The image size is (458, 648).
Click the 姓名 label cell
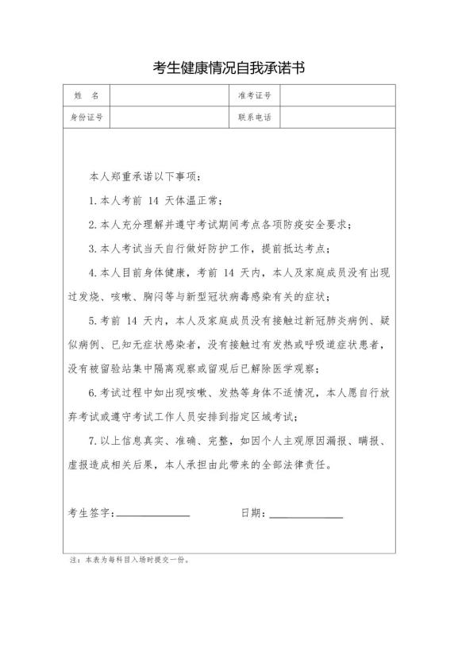86,95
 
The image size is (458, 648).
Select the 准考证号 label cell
254,95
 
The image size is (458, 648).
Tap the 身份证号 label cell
86,118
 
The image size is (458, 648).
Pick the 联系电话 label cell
254,118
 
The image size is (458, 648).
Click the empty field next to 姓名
167,95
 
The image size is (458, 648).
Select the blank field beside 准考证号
338,95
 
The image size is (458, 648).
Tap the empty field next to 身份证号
167,118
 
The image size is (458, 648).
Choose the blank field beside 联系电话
338,118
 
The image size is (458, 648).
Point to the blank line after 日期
306,514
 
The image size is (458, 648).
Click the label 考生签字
90,513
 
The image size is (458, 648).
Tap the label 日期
252,513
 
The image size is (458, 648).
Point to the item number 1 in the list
92,200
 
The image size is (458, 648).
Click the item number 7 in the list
92,442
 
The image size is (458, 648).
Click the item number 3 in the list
92,249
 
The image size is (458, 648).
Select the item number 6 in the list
92,393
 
